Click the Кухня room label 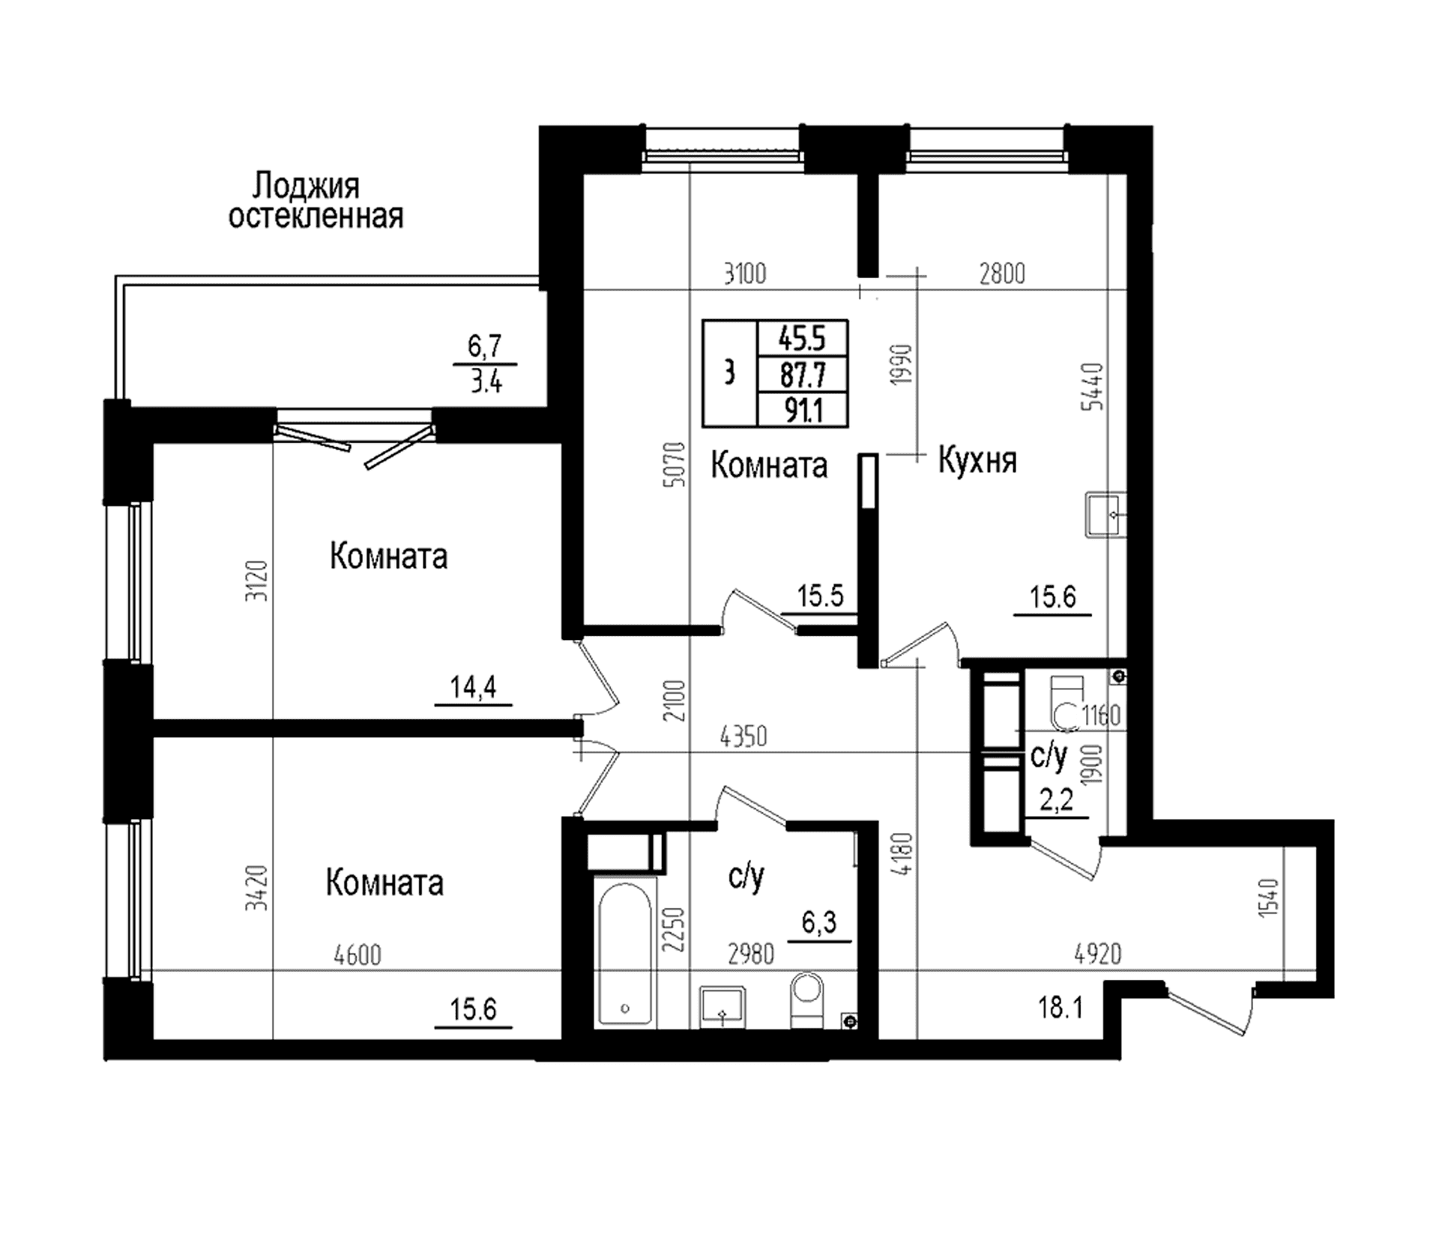pyautogui.click(x=977, y=460)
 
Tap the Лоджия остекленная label pyautogui.click(x=316, y=200)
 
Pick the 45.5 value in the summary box pyautogui.click(x=802, y=339)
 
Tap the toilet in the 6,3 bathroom pyautogui.click(x=807, y=1001)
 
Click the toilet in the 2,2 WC pyautogui.click(x=1067, y=701)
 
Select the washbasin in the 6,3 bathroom pyautogui.click(x=722, y=1008)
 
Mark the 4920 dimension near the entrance pyautogui.click(x=1097, y=955)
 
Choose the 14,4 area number pyautogui.click(x=474, y=686)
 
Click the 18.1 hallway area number pyautogui.click(x=1061, y=1008)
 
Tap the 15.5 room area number pyautogui.click(x=820, y=597)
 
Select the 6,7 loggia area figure pyautogui.click(x=485, y=347)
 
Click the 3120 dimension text pyautogui.click(x=260, y=581)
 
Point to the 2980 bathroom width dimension pyautogui.click(x=751, y=955)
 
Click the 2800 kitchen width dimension pyautogui.click(x=1002, y=274)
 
